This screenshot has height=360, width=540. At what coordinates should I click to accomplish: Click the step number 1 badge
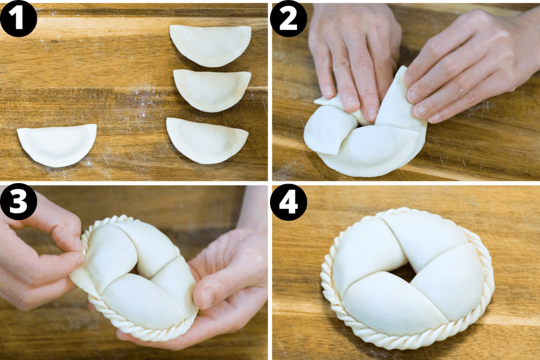[x=18, y=19]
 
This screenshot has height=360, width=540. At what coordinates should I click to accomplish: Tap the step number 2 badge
[x=289, y=19]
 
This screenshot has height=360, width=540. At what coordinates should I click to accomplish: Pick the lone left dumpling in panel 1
[x=57, y=145]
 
